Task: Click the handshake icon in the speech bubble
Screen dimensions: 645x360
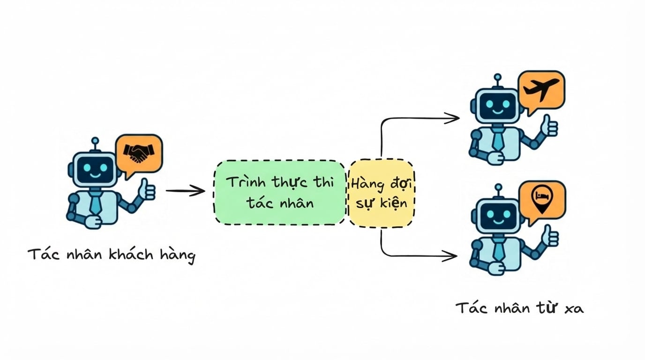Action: pos(139,153)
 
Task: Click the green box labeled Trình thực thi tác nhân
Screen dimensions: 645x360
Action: pos(280,192)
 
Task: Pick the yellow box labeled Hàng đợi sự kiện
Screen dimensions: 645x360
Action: pos(382,193)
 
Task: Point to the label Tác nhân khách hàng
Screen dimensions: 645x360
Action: pos(112,255)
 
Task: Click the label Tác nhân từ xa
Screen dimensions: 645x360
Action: pos(520,307)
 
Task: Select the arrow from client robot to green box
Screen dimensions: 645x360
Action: pos(185,191)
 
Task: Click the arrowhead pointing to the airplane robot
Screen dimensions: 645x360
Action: pos(452,118)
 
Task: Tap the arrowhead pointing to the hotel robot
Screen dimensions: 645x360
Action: pos(450,256)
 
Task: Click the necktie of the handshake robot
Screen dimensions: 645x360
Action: pos(95,203)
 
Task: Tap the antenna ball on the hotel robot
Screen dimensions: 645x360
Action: pos(498,187)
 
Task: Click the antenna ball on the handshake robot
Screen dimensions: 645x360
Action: pos(95,141)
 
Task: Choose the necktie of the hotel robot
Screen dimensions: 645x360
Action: pos(499,249)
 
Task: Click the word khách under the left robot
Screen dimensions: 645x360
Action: pos(131,255)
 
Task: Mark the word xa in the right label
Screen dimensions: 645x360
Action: pos(574,309)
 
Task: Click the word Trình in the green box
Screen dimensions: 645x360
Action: pos(246,182)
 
